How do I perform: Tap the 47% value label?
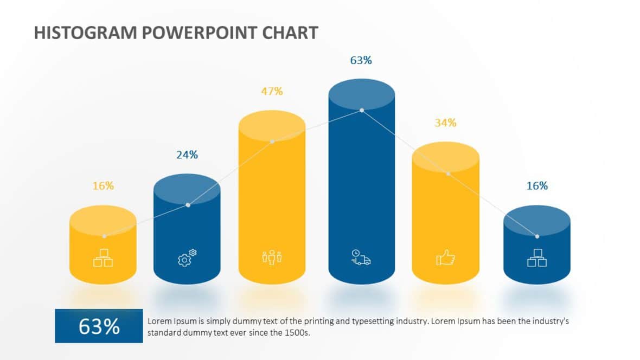click(272, 91)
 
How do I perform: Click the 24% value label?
click(187, 155)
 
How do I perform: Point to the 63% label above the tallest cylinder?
click(361, 60)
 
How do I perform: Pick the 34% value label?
click(445, 123)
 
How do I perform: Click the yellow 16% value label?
click(103, 186)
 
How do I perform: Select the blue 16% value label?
click(537, 186)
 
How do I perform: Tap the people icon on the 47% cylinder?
click(272, 258)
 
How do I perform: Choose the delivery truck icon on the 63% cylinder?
click(361, 258)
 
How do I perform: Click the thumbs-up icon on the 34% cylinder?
click(445, 258)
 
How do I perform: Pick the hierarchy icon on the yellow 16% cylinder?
click(103, 258)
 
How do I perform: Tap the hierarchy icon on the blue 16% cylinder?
click(537, 258)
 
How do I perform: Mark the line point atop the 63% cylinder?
click(362, 110)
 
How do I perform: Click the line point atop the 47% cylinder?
click(272, 142)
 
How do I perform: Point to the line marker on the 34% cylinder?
click(448, 173)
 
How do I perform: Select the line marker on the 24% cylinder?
click(188, 205)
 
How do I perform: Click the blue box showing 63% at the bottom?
click(99, 326)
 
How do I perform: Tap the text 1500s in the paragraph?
click(297, 332)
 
